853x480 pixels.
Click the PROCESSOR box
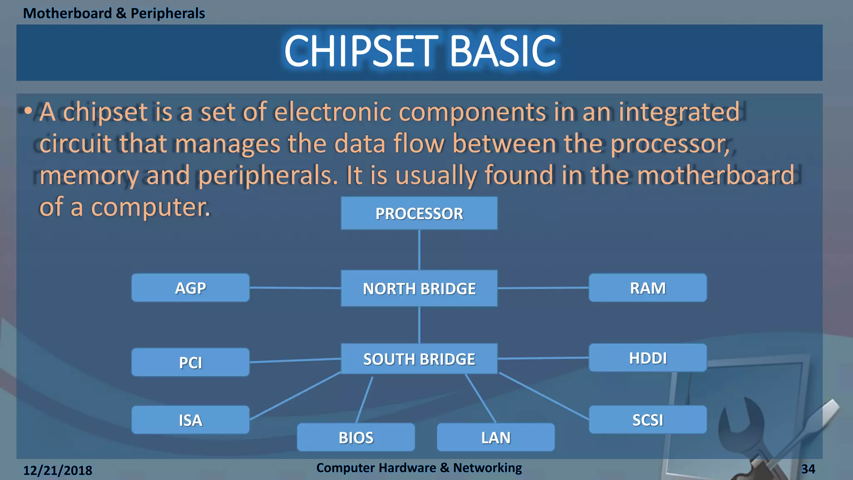coord(419,213)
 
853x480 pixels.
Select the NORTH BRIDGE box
coord(419,288)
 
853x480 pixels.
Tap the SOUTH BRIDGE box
coord(419,359)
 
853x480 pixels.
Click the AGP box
coord(190,288)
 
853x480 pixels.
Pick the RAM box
coord(648,288)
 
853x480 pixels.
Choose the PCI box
coord(190,362)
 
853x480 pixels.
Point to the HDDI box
coord(648,358)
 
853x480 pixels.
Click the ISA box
coord(190,420)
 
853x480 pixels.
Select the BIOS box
coord(356,437)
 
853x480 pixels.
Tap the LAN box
coord(496,437)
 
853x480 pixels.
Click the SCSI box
coord(648,420)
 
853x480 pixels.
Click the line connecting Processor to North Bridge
coord(419,250)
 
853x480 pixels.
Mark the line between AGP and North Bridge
coord(295,288)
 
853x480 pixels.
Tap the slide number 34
coord(808,469)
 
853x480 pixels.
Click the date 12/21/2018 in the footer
coord(57,470)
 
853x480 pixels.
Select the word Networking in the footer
coord(487,468)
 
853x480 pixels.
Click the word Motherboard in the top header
coord(67,13)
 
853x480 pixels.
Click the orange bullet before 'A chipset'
coord(28,111)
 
